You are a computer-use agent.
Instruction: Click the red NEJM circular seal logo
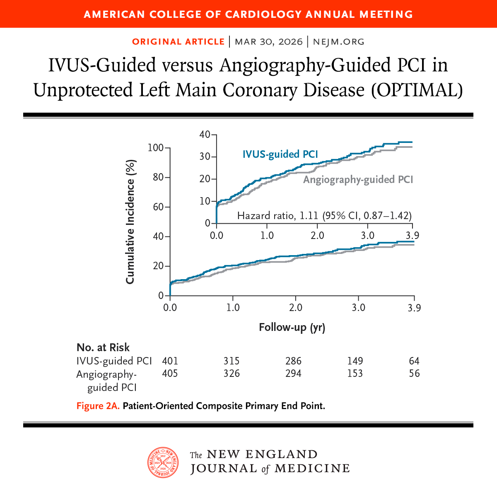coord(163,462)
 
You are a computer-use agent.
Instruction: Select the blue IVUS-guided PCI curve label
coord(280,154)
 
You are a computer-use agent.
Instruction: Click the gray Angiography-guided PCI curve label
coord(358,179)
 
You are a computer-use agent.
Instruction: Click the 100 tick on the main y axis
coord(156,148)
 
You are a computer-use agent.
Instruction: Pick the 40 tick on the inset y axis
coord(205,134)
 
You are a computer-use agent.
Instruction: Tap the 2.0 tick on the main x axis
coord(295,308)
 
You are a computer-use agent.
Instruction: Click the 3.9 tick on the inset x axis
coord(412,235)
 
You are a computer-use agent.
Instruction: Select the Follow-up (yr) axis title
coord(292,328)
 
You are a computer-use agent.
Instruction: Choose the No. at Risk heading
coord(103,347)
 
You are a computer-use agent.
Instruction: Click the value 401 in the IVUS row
coord(170,361)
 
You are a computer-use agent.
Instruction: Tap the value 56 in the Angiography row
coord(414,374)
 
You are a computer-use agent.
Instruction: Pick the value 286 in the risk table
coord(293,361)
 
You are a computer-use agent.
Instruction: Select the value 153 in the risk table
coord(355,374)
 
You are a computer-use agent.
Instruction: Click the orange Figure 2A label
coord(98,406)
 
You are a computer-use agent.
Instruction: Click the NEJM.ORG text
coord(338,42)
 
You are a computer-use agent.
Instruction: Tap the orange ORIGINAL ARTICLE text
coord(178,42)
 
